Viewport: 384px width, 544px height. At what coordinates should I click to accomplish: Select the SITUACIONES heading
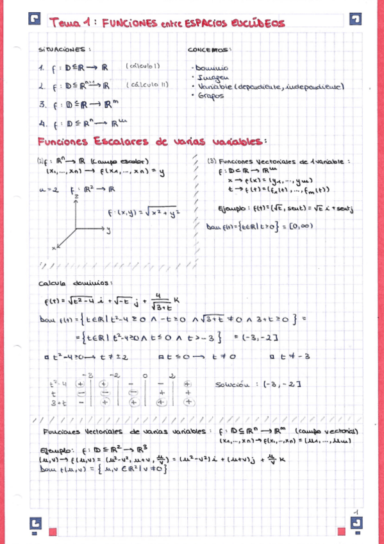tap(65, 49)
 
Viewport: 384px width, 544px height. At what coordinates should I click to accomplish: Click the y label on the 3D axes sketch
tap(110, 229)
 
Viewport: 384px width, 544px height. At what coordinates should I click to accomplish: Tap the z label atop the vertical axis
tap(76, 194)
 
